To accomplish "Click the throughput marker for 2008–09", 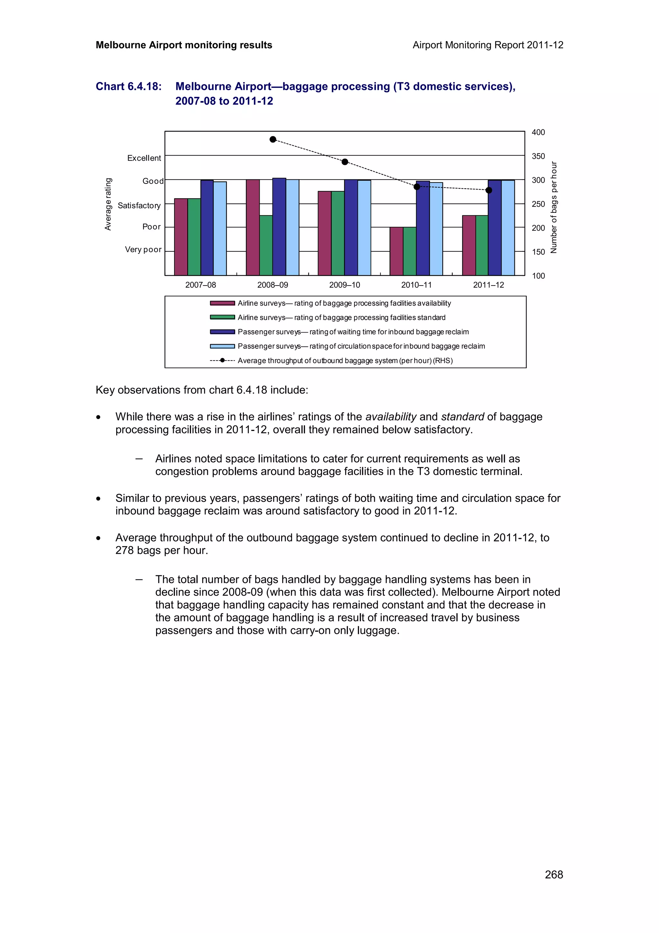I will tap(273, 139).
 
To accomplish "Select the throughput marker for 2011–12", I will tap(489, 190).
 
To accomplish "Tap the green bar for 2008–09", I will tap(266, 245).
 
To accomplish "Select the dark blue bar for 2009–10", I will tap(351, 227).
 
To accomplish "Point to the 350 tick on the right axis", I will tap(538, 156).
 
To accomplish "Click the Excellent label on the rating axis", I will tap(144, 158).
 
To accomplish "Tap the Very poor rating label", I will tap(143, 250).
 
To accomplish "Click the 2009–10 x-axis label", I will tap(344, 285).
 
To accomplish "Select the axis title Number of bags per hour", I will tap(554, 208).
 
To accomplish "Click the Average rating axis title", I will tap(108, 204).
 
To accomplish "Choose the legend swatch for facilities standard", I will tap(222, 317).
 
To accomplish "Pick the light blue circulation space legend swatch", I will tap(222, 346).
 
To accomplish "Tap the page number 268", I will tap(553, 874).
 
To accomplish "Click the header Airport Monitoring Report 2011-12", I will tap(487, 45).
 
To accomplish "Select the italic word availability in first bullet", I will tap(391, 417).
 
